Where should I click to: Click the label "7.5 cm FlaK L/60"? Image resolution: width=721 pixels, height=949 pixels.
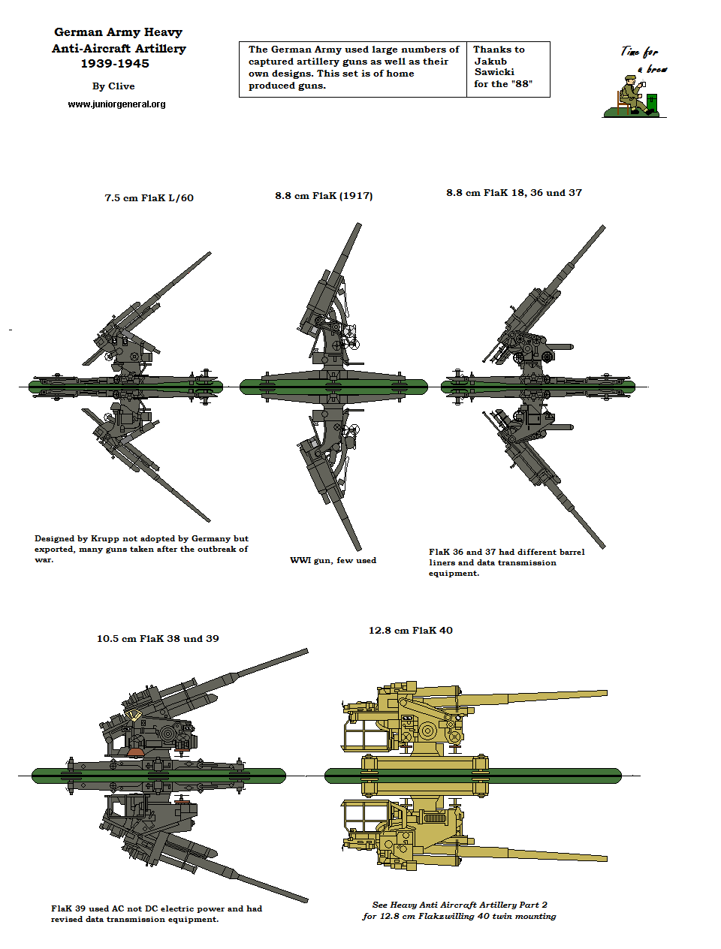tap(149, 198)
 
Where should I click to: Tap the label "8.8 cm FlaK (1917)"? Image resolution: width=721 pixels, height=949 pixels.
tap(324, 196)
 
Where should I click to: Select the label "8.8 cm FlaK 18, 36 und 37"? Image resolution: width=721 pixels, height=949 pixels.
tap(514, 193)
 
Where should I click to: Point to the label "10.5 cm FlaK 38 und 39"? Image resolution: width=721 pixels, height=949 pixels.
tap(158, 639)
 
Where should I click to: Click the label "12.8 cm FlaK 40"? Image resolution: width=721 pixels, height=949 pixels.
tap(410, 631)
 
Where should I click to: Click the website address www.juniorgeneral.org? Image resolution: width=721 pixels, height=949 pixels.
tap(116, 104)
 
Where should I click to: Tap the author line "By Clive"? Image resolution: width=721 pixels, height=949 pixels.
tap(113, 86)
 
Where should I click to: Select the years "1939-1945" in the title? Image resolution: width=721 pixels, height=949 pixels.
tap(115, 64)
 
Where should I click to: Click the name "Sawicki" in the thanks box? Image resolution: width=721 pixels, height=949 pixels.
tap(494, 73)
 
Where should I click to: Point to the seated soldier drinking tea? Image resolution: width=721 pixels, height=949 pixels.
tap(629, 95)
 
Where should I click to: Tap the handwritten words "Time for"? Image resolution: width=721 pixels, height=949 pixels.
tap(638, 52)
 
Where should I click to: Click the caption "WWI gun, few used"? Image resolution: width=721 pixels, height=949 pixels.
tap(333, 561)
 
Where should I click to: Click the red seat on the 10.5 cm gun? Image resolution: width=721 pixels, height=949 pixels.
tap(136, 751)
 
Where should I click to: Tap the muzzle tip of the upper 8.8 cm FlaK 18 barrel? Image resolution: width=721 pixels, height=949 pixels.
tap(602, 227)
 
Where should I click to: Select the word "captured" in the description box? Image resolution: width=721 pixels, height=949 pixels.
tap(272, 62)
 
